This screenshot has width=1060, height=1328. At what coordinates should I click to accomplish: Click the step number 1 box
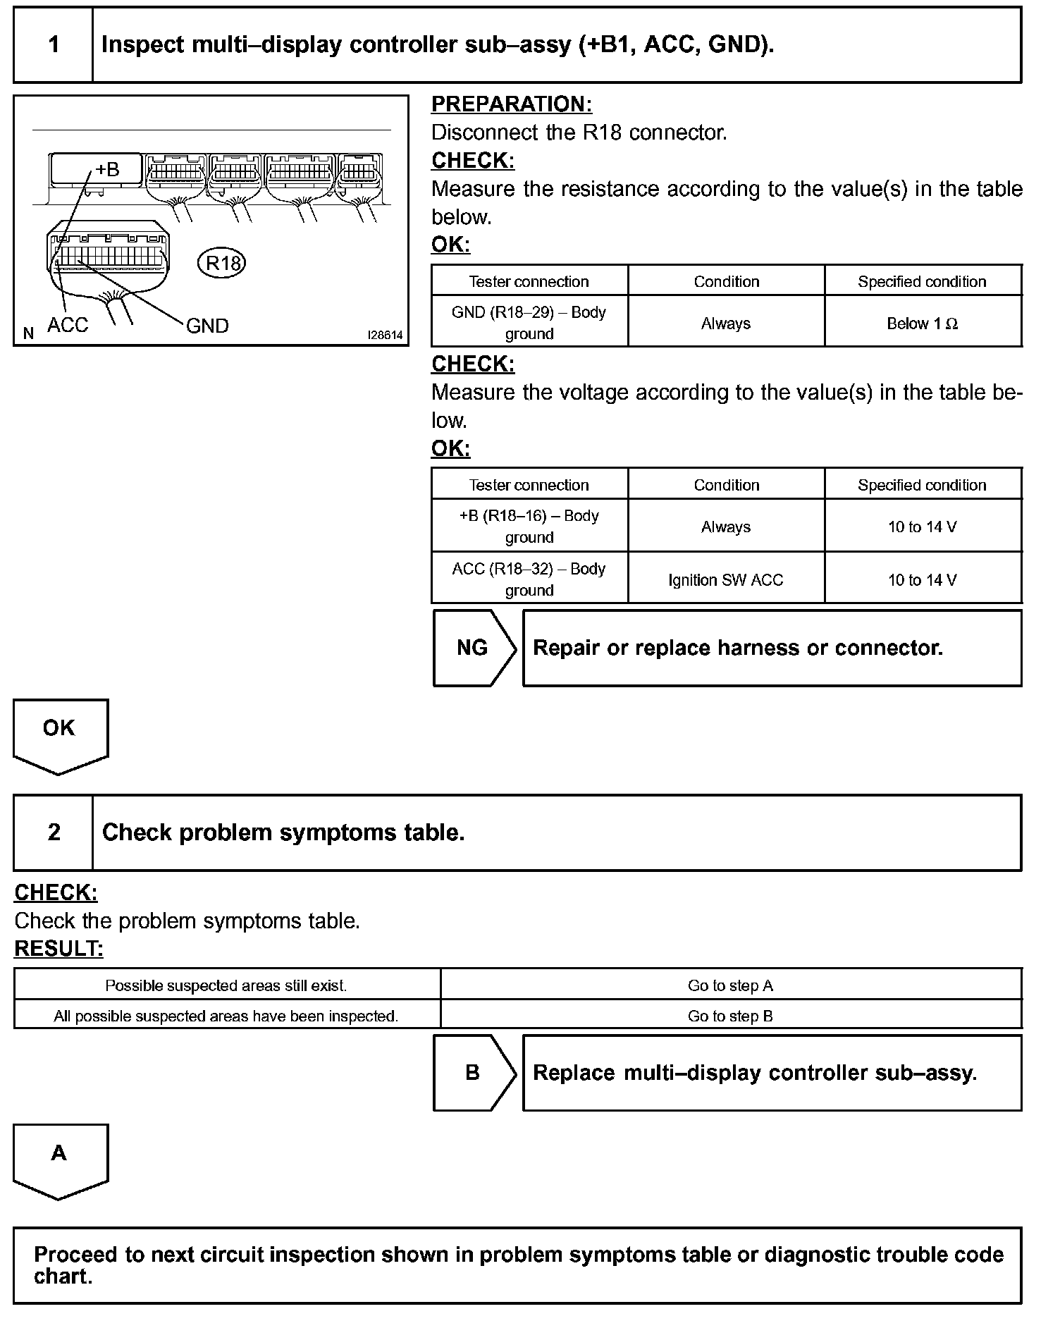tap(54, 45)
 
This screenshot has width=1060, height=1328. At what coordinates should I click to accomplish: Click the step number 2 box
tap(54, 832)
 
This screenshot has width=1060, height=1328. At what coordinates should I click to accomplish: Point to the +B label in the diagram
tap(107, 170)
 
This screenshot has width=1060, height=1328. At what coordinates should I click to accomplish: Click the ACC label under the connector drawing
tap(68, 325)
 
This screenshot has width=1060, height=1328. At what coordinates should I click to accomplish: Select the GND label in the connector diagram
tap(207, 326)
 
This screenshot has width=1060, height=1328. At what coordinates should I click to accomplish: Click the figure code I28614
tap(386, 336)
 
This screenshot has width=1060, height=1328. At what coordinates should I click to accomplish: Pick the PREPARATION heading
tap(511, 104)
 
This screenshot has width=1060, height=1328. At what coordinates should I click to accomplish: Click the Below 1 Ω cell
tap(922, 324)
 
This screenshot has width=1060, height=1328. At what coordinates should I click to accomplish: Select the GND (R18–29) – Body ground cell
tap(529, 322)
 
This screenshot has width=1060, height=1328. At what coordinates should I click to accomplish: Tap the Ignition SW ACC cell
tap(726, 580)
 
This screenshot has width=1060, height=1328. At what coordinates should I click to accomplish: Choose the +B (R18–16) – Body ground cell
tap(529, 526)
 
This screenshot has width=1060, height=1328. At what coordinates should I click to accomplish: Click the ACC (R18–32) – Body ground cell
tap(529, 579)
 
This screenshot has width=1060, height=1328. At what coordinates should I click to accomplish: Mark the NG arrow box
tap(473, 648)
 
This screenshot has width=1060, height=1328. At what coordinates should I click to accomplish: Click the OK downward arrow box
tap(59, 733)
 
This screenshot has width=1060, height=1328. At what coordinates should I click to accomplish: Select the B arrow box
tap(473, 1073)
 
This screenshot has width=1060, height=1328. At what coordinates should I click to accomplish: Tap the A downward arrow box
tap(59, 1157)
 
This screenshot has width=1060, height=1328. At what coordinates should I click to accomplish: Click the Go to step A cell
tap(730, 985)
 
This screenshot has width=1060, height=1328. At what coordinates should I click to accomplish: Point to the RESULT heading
tap(58, 949)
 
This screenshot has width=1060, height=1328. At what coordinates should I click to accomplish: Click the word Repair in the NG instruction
tap(566, 648)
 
